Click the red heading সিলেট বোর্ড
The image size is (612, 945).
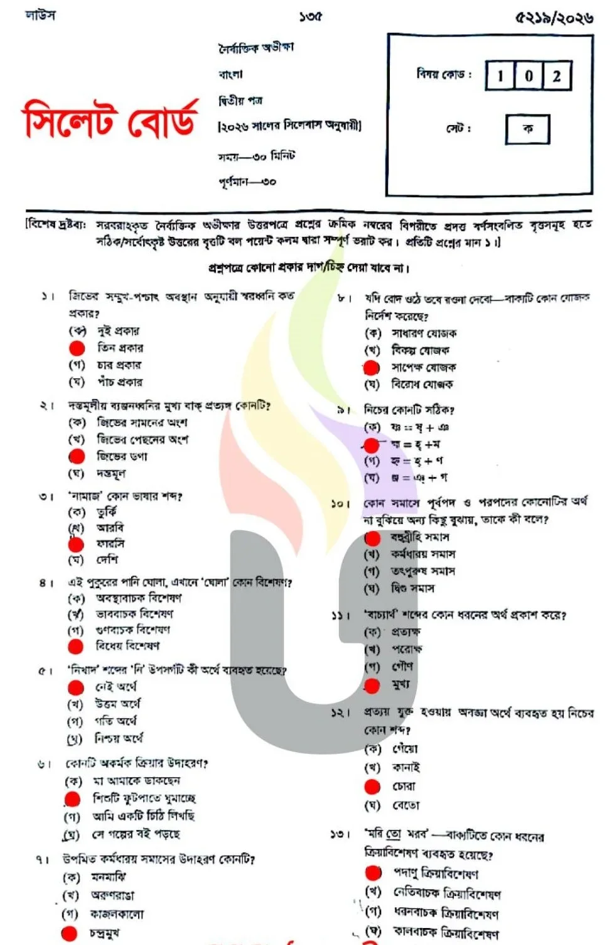coord(111,119)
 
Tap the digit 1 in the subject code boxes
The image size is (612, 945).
coord(500,76)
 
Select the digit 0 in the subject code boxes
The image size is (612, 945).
coord(529,76)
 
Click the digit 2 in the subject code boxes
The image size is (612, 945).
coord(556,76)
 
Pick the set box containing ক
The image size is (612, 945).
coord(528,129)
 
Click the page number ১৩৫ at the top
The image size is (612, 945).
coord(310,16)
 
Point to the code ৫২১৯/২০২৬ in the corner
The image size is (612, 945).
coord(554,18)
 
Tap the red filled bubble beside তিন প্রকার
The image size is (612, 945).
coord(77,348)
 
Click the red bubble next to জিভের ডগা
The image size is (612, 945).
coord(77,456)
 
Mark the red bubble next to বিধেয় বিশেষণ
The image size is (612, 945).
coord(76,646)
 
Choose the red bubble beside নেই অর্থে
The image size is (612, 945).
coord(76,687)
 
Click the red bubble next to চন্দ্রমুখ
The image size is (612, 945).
coord(70,933)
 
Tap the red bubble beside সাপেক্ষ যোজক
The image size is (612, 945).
coord(372,368)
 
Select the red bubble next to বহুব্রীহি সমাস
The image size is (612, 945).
coord(373,538)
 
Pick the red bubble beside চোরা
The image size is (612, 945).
coord(372,786)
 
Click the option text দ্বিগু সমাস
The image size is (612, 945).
coord(412,589)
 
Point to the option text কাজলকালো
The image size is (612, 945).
coord(117,914)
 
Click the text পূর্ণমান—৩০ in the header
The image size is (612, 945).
coord(247,182)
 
